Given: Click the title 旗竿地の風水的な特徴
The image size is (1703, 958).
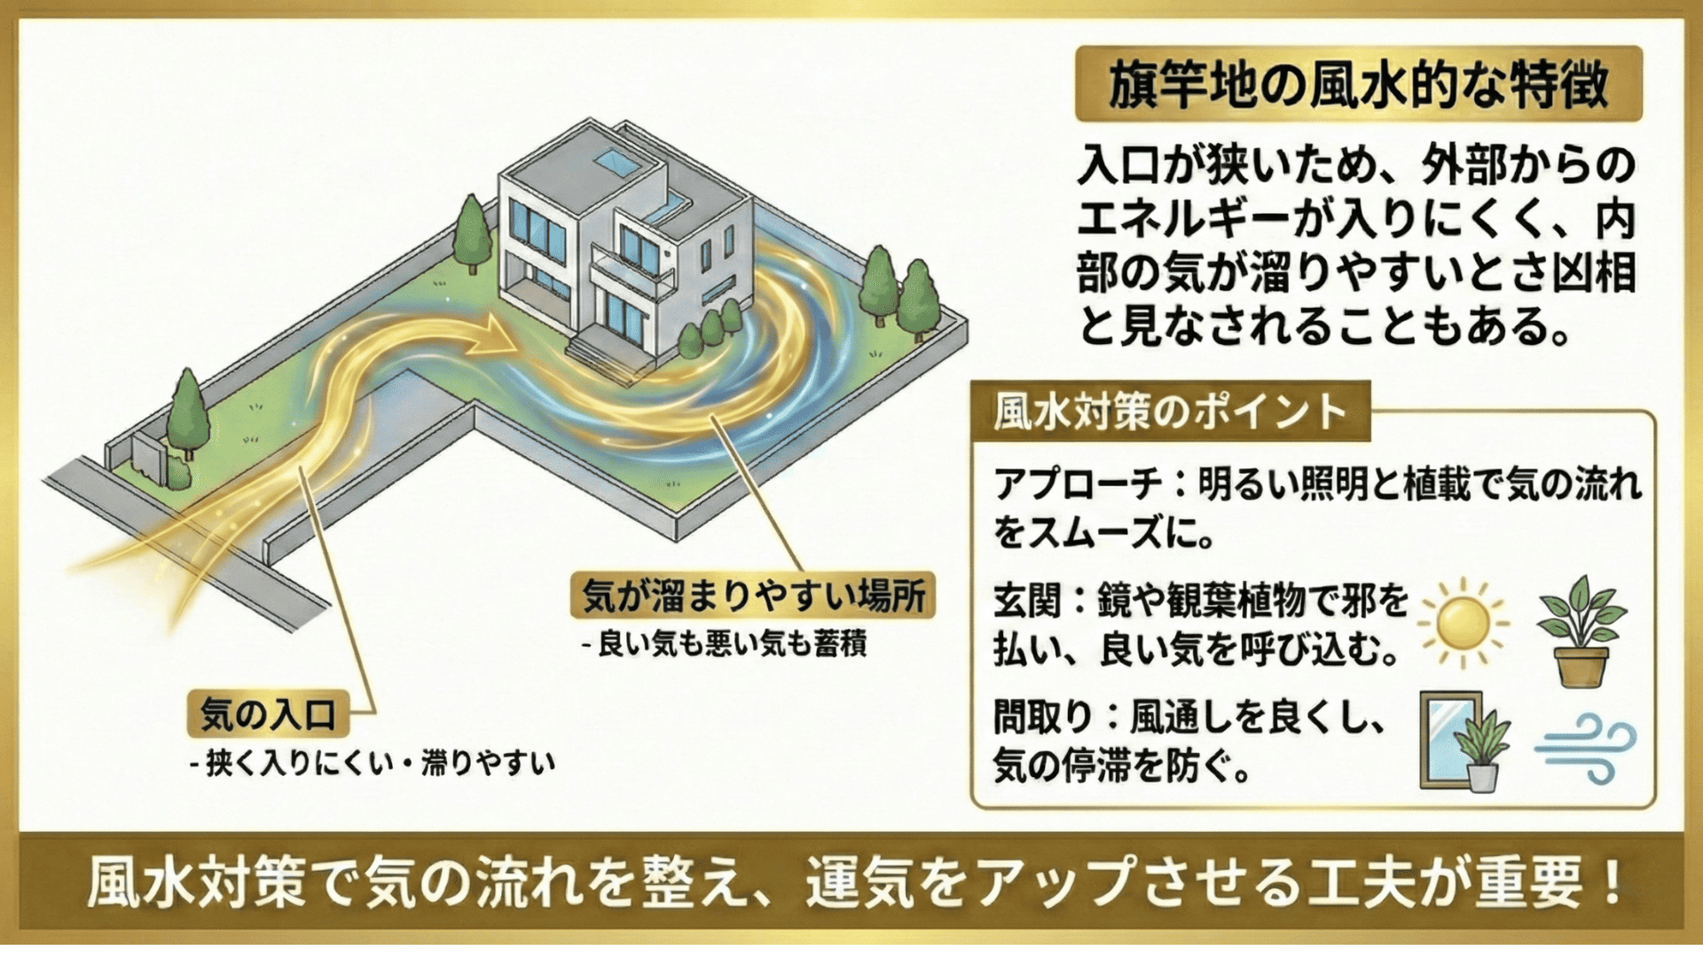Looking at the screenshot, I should (1358, 85).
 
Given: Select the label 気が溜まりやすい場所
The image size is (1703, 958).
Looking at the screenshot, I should (753, 595).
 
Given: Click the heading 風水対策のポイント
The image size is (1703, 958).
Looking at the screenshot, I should (1169, 412).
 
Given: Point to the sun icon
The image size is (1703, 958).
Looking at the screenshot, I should (1462, 623).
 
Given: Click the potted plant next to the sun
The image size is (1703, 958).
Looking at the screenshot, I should (1581, 632).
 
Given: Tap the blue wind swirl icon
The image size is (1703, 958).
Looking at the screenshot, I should (1586, 750).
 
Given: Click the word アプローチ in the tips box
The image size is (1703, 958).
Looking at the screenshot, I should (1077, 484).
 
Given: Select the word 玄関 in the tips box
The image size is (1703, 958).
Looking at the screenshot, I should (1027, 601).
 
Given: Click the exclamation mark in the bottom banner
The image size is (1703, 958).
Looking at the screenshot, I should (1612, 881).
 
